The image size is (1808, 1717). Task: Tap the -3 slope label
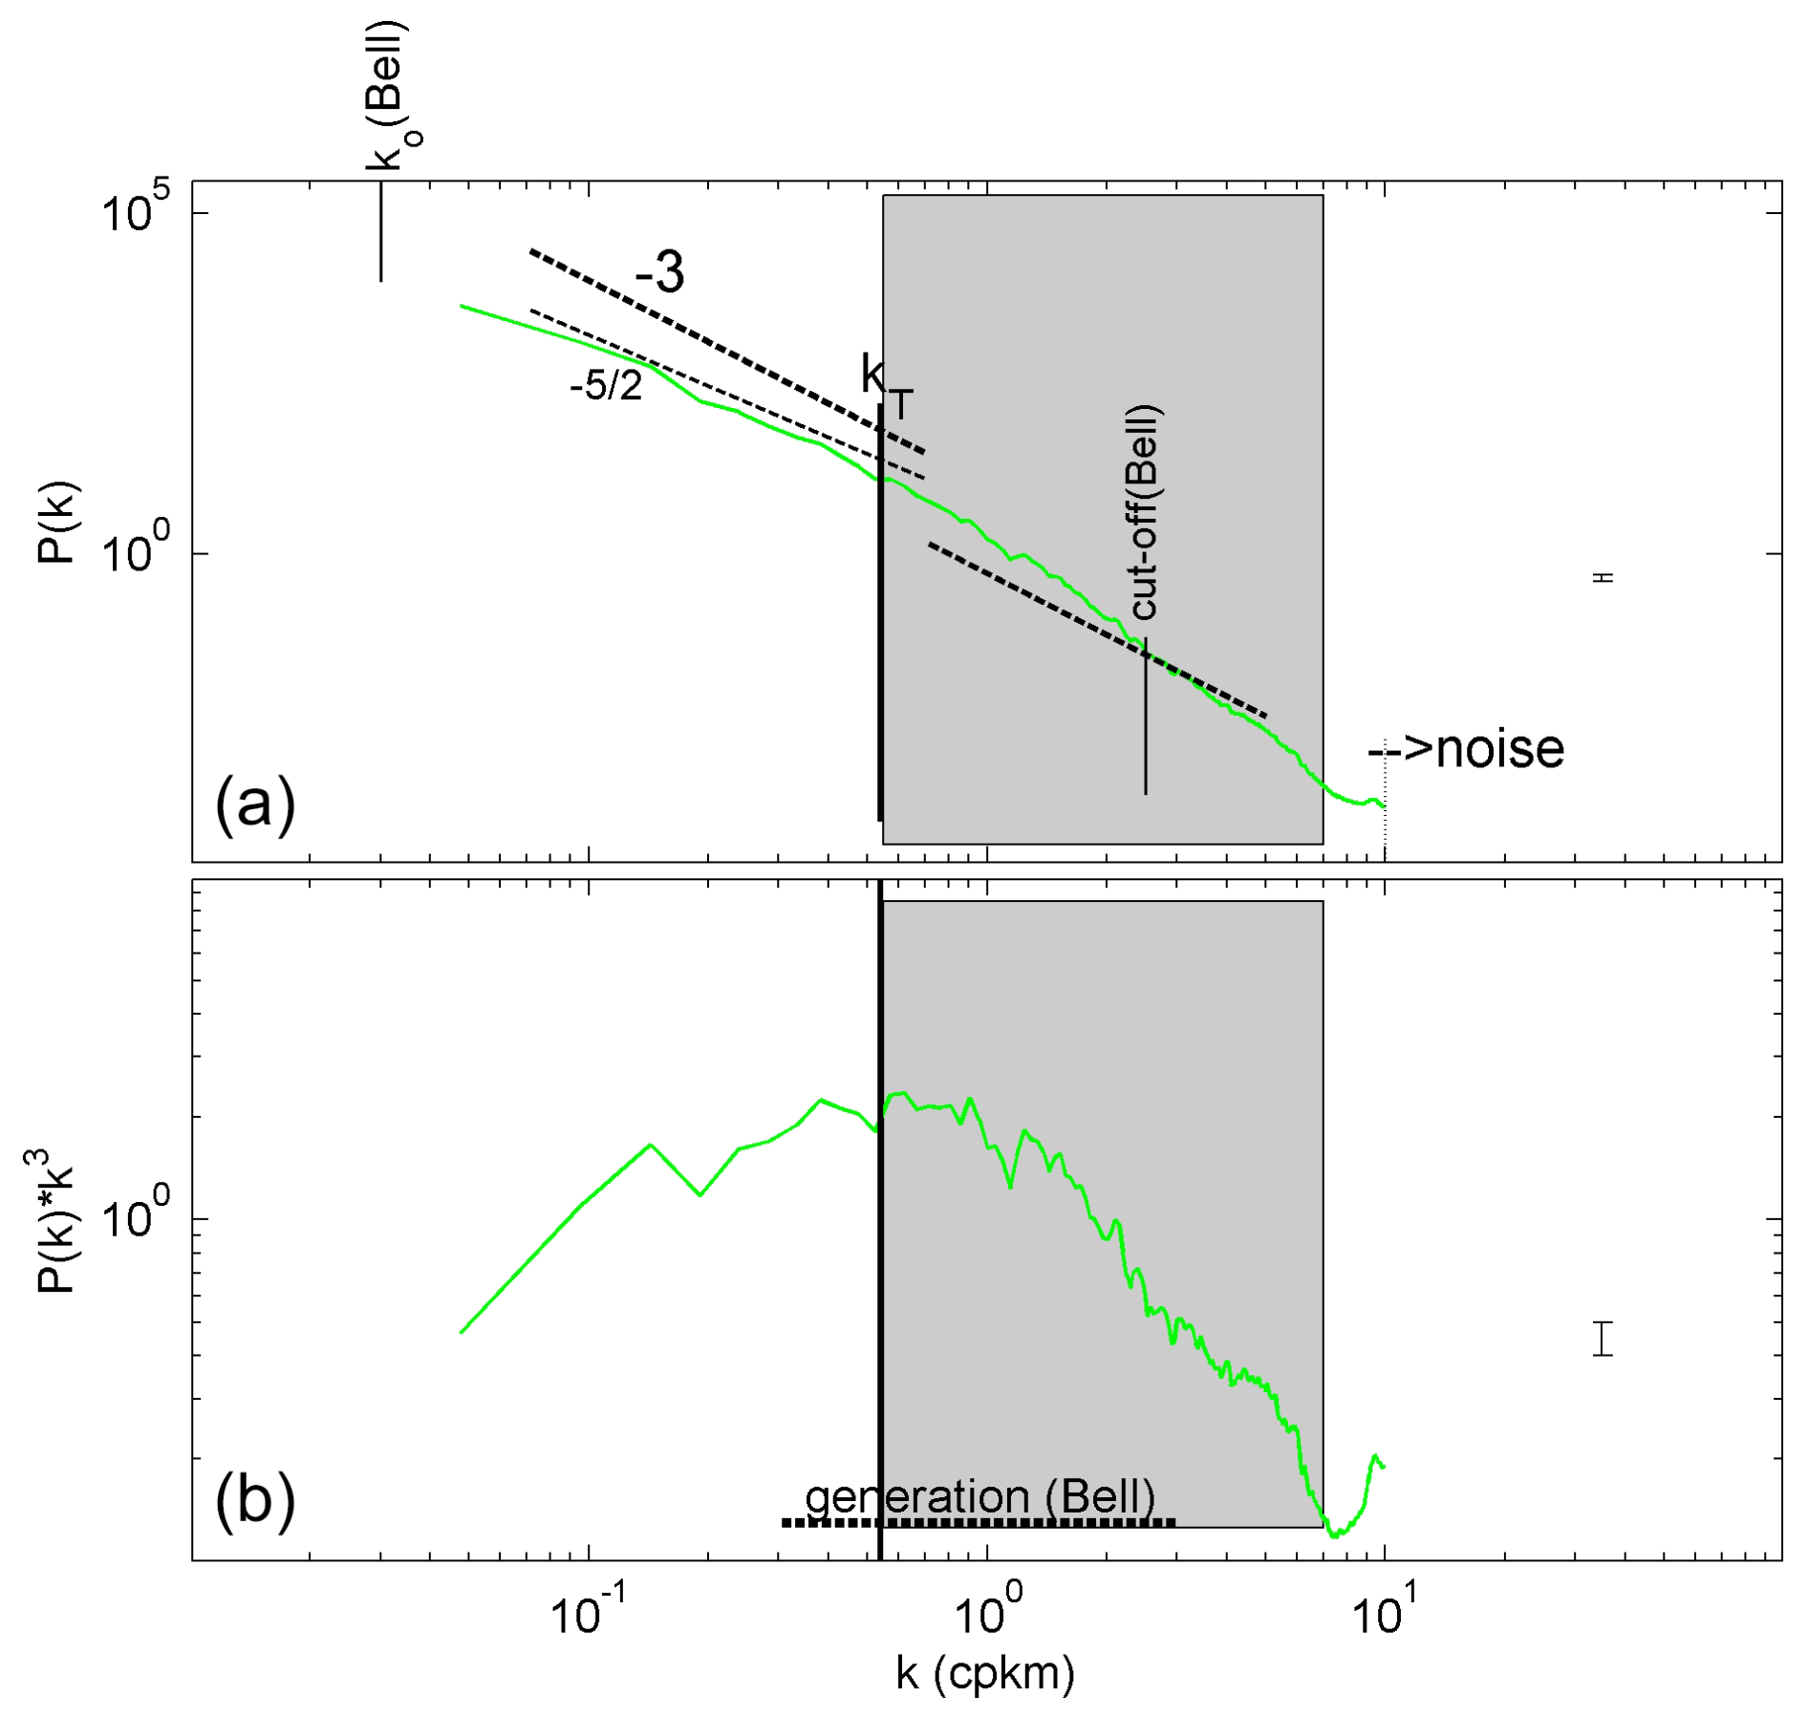coord(660,273)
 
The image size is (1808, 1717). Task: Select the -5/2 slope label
coord(606,387)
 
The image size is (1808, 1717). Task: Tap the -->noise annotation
coord(1466,749)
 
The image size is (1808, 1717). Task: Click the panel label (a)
coord(255,805)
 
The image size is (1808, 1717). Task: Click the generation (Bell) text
coord(980,1497)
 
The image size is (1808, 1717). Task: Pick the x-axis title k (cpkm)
coord(985,1673)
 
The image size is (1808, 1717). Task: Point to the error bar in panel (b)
coord(1604,1338)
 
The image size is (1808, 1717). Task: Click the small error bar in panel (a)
coord(1604,578)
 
